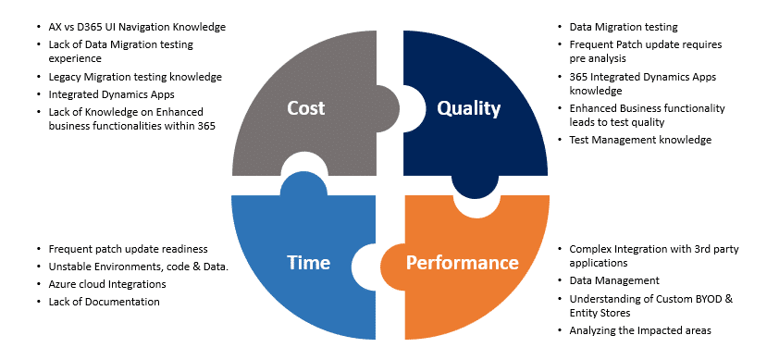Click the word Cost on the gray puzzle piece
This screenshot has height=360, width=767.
point(306,108)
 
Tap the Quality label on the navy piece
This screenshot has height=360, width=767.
point(468,108)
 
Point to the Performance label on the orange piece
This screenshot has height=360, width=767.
point(463,263)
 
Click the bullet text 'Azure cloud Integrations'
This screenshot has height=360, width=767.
point(106,284)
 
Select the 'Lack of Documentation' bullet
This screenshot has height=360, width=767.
point(104,302)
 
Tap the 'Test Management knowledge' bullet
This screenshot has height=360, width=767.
point(640,140)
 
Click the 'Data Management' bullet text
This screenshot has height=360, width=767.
point(613,279)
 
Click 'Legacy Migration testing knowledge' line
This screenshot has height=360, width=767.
point(135,76)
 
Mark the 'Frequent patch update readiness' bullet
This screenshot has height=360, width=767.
point(128,250)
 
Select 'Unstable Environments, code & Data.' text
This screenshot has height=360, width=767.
point(138,267)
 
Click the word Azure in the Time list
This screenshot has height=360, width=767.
point(64,284)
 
